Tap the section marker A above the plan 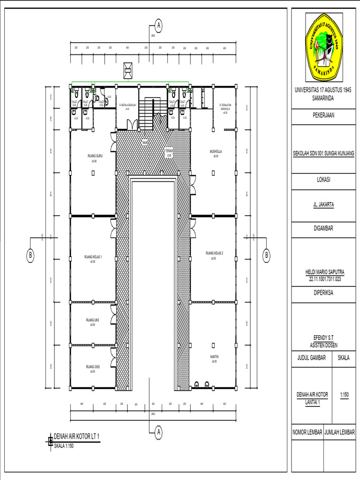[159, 25]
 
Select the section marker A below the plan [159, 431]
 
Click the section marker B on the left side [31, 255]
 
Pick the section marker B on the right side [266, 255]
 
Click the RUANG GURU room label [94, 157]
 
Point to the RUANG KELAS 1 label [93, 257]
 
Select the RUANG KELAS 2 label [214, 254]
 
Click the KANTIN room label [214, 357]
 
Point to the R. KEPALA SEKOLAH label [127, 105]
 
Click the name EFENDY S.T [324, 337]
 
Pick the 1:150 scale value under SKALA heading [345, 395]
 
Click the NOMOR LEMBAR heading [307, 432]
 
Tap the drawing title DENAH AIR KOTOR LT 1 [76, 436]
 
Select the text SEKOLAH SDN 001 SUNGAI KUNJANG [324, 153]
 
